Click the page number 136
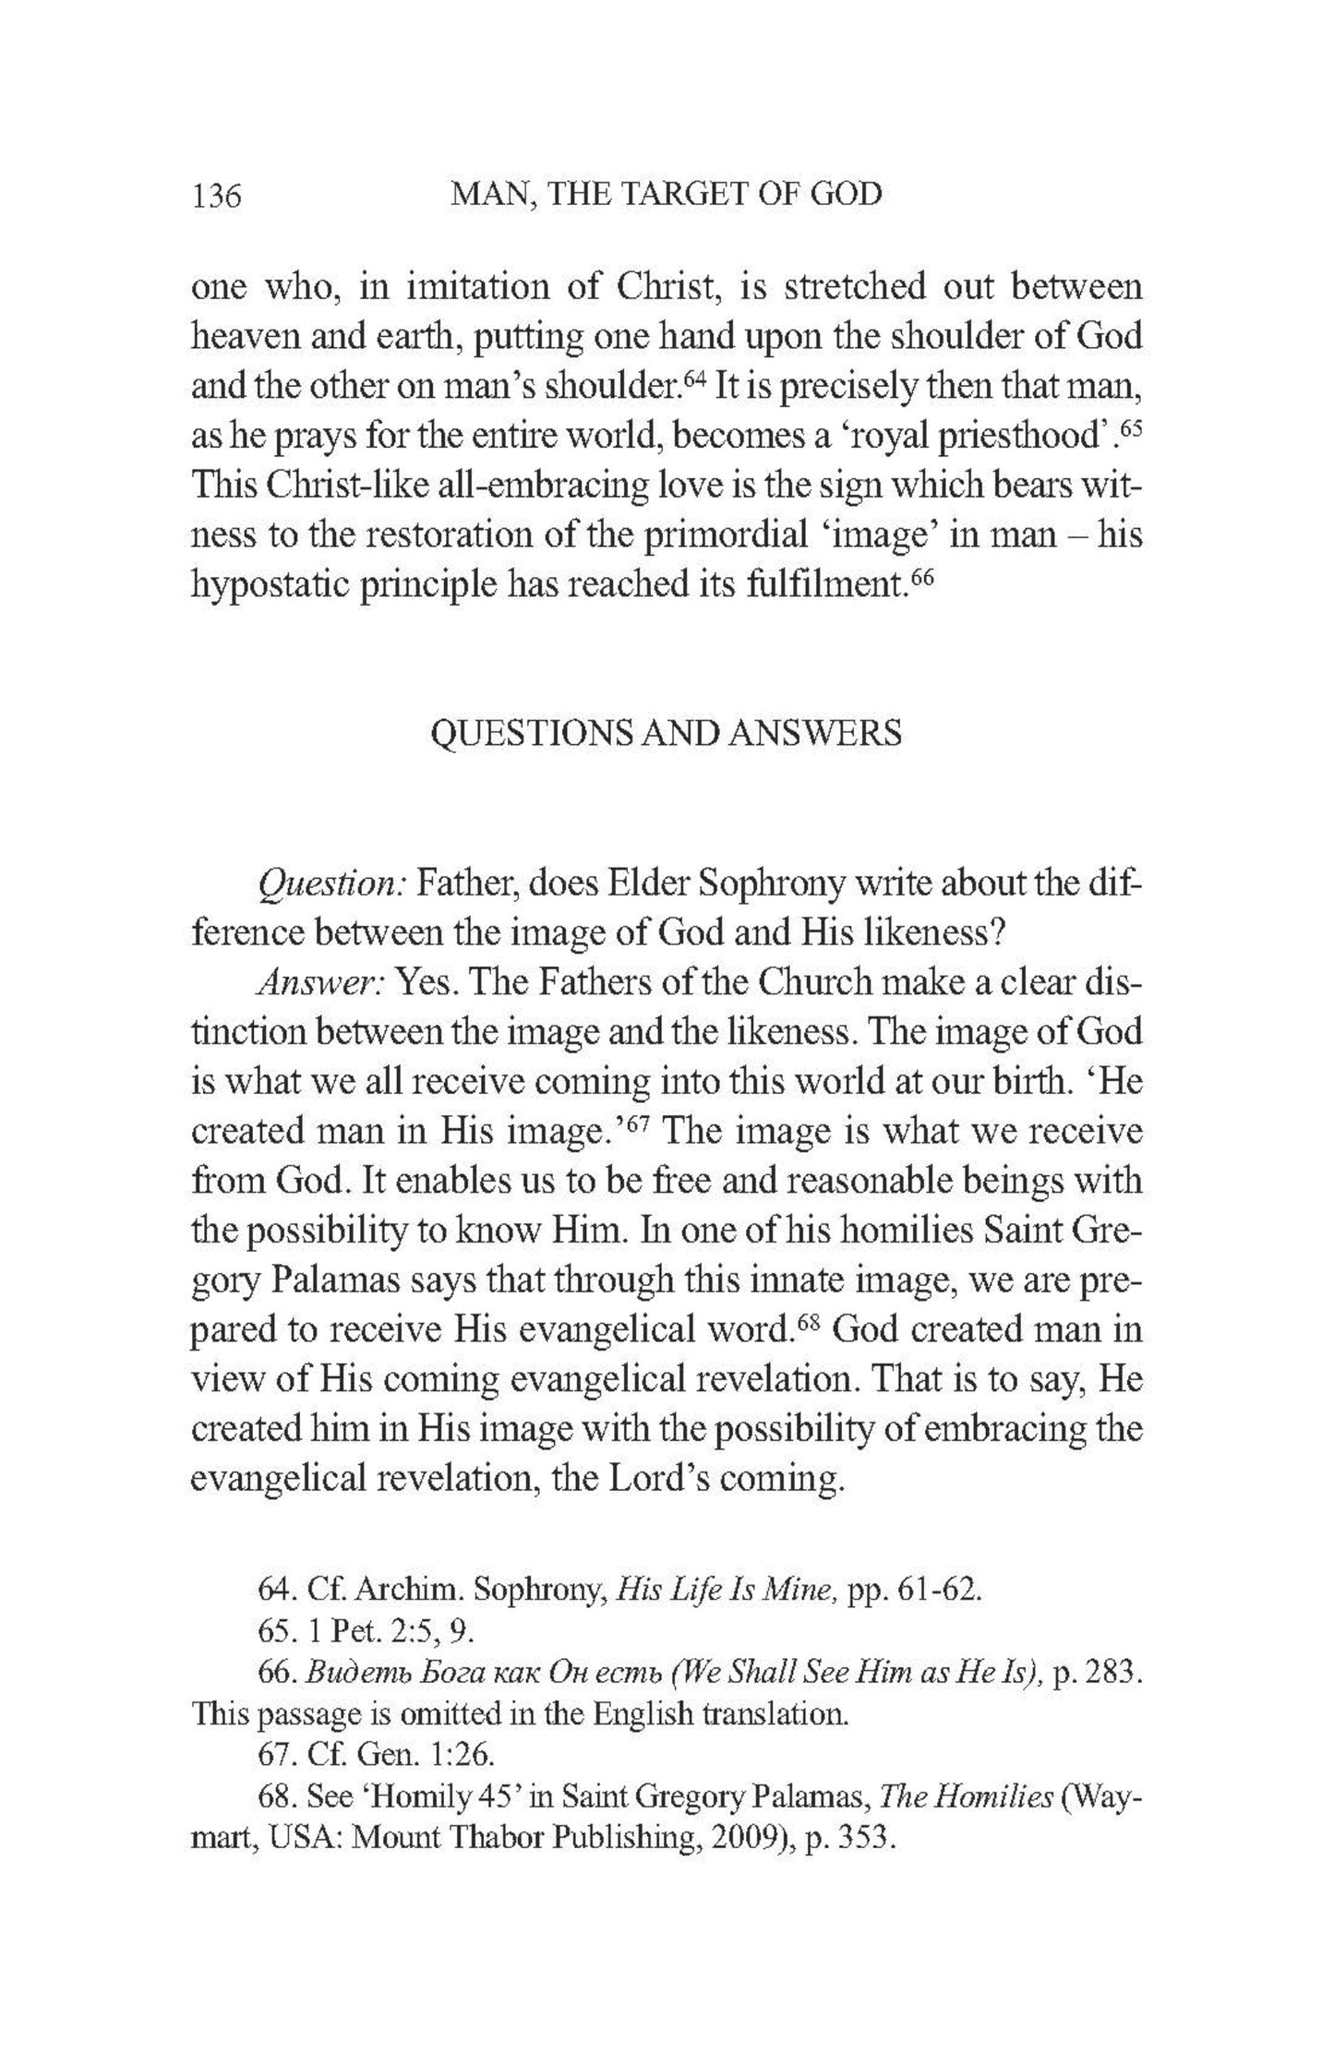tap(216, 196)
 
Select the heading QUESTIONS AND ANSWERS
tap(667, 733)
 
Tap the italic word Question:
tap(331, 884)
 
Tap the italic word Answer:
tap(319, 983)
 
